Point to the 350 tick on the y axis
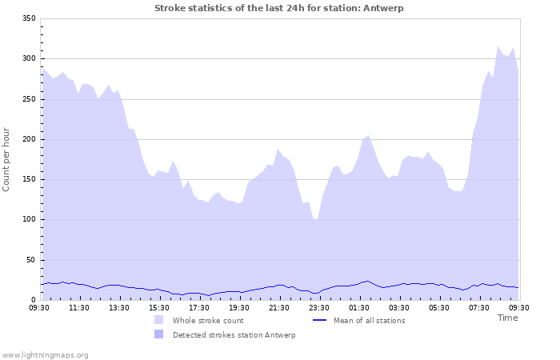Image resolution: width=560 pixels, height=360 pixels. (30, 18)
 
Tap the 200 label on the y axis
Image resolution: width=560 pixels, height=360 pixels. (30, 139)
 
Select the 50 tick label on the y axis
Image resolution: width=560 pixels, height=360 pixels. (32, 260)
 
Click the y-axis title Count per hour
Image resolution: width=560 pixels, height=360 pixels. (7, 158)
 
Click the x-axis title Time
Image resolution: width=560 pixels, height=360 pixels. (507, 318)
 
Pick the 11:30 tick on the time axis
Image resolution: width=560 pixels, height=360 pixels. (80, 307)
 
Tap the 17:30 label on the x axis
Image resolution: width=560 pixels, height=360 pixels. (199, 307)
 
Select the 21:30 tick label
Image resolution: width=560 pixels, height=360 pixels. (279, 307)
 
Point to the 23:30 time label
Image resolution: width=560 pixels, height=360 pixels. (319, 307)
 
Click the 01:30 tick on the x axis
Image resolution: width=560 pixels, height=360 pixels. (359, 307)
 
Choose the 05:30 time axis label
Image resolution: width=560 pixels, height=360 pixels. (439, 307)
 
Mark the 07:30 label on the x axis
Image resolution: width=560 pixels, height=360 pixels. (479, 307)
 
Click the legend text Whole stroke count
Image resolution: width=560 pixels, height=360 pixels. (207, 321)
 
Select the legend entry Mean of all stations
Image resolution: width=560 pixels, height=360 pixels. (369, 321)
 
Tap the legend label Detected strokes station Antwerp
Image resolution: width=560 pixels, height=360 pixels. (234, 335)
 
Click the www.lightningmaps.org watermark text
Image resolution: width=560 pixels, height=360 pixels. (45, 354)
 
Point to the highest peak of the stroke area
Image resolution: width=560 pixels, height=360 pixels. (498, 46)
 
